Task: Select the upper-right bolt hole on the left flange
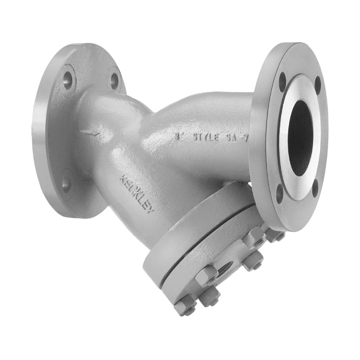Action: [114, 81]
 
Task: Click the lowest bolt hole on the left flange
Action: [67, 183]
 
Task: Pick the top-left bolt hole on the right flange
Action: [282, 82]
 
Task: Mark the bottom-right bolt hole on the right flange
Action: [315, 188]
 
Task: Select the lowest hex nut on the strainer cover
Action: [185, 307]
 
